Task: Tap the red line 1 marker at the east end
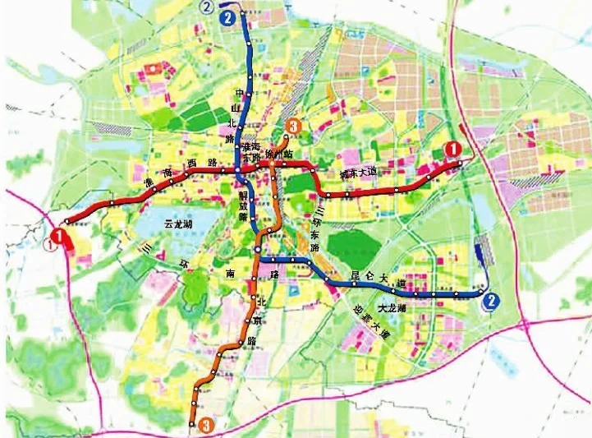tap(450, 149)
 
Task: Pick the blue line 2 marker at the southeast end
tap(491, 301)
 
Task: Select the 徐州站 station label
tap(286, 156)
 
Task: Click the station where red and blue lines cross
tap(237, 171)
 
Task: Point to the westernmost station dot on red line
tap(67, 220)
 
